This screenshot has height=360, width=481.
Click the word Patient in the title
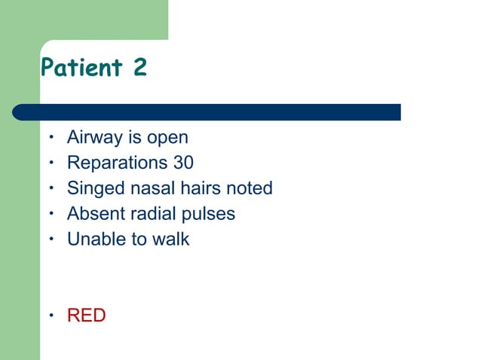[81, 68]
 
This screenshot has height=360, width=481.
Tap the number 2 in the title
[139, 68]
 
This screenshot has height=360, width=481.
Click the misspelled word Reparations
[114, 163]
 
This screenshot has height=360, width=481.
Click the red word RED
[87, 316]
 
